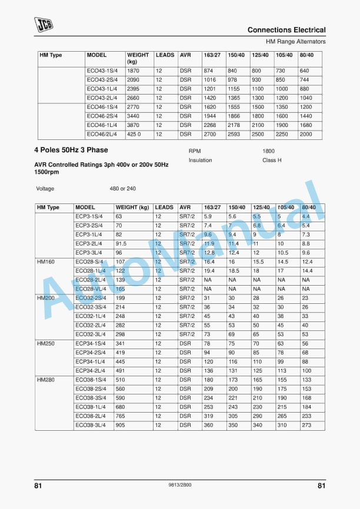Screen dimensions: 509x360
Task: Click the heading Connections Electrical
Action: click(x=286, y=30)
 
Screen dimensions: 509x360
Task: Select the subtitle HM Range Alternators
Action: click(x=295, y=42)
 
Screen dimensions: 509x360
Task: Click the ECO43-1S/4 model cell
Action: click(x=102, y=71)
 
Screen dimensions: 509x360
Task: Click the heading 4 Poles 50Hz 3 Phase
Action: click(x=71, y=150)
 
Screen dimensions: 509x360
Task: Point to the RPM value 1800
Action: click(x=268, y=151)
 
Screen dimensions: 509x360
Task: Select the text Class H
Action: click(x=272, y=160)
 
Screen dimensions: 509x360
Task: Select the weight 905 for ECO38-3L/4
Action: click(x=121, y=425)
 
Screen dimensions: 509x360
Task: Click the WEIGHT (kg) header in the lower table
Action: click(x=132, y=207)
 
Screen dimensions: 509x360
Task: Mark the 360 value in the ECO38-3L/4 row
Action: click(x=208, y=425)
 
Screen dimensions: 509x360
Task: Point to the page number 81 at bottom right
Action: click(x=321, y=486)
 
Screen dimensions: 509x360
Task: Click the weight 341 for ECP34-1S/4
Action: click(x=121, y=343)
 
